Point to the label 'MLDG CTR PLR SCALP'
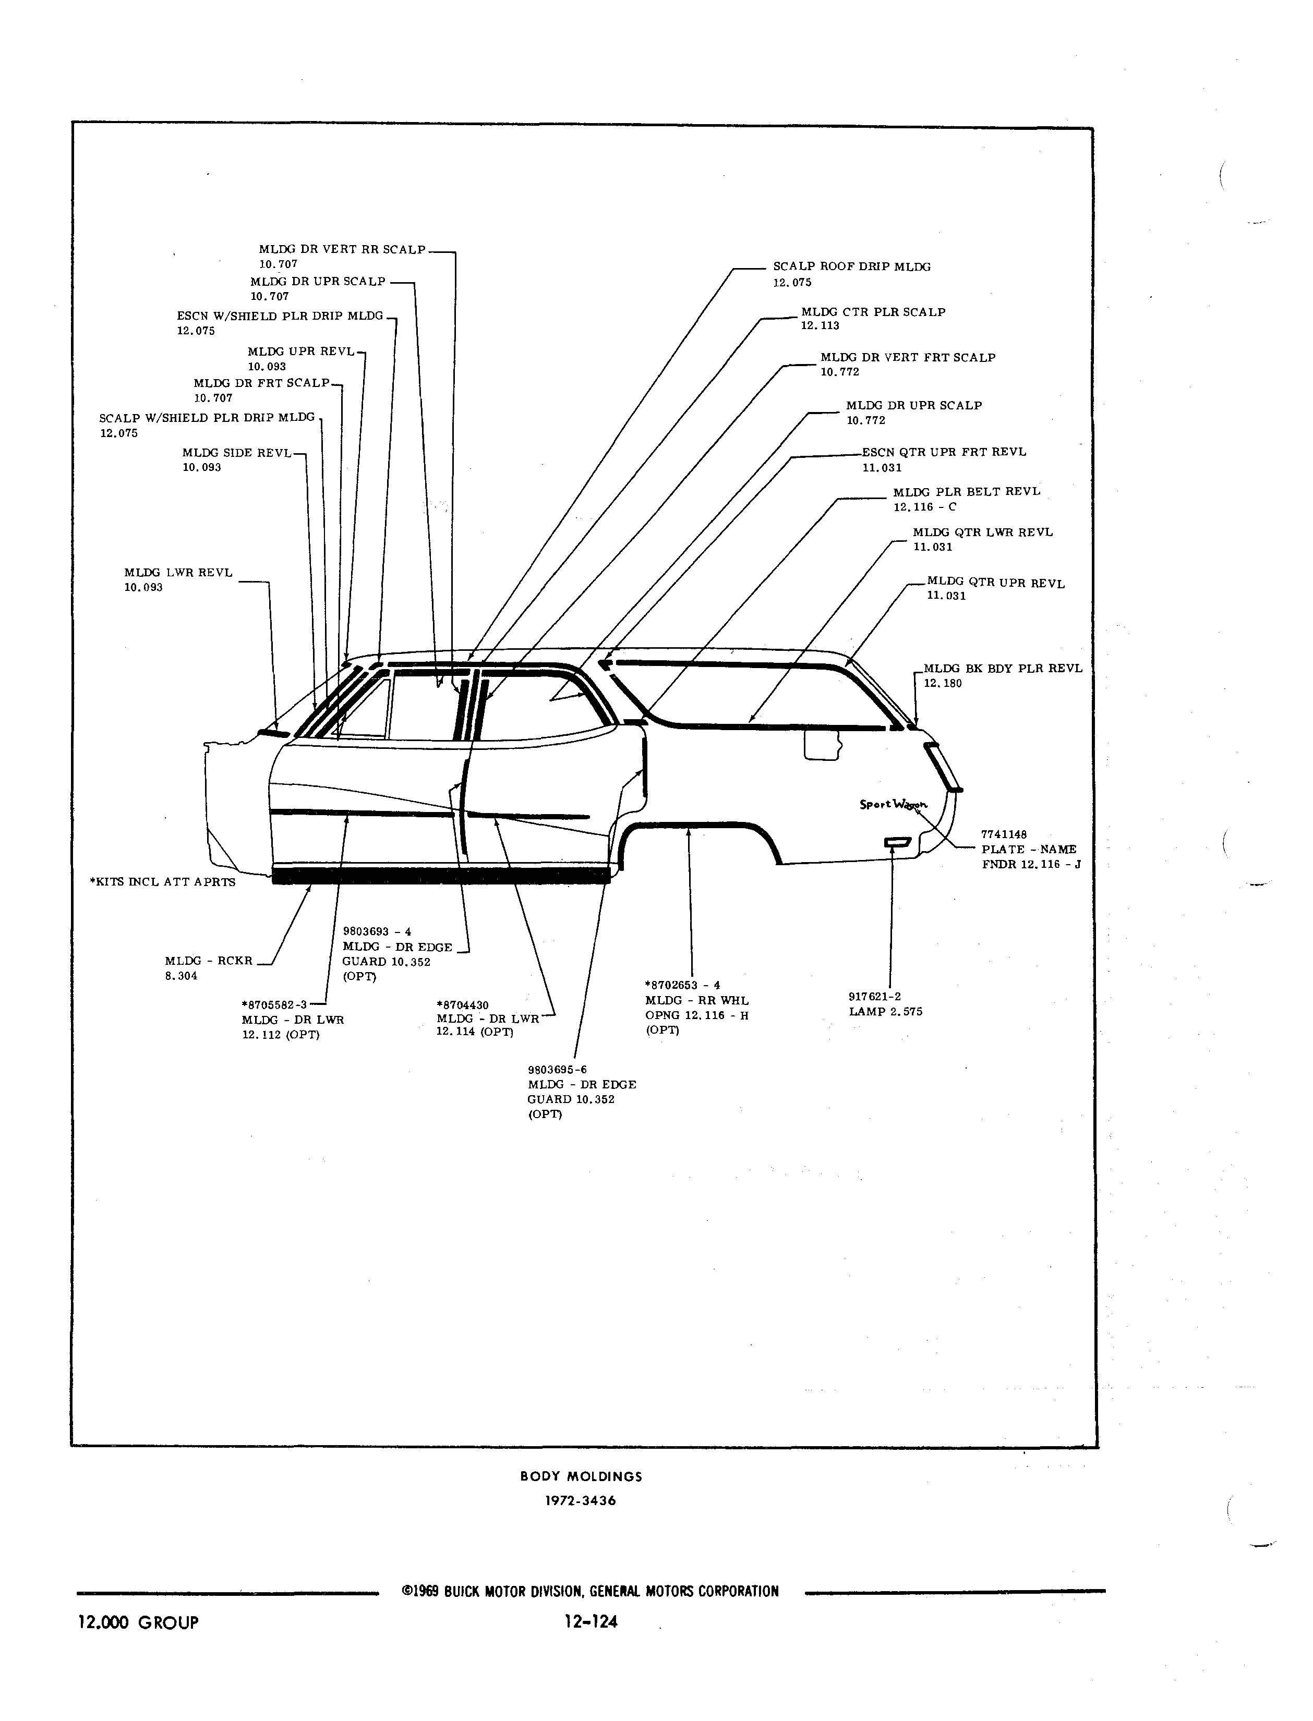tap(873, 312)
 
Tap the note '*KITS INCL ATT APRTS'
tap(163, 882)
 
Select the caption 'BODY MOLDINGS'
tap(582, 1476)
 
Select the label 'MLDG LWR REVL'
tap(178, 573)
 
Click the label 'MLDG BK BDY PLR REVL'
tap(1003, 669)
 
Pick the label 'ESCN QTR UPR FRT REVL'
tap(944, 452)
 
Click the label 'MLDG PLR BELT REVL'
tap(967, 492)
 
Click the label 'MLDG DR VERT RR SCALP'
tap(342, 250)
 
